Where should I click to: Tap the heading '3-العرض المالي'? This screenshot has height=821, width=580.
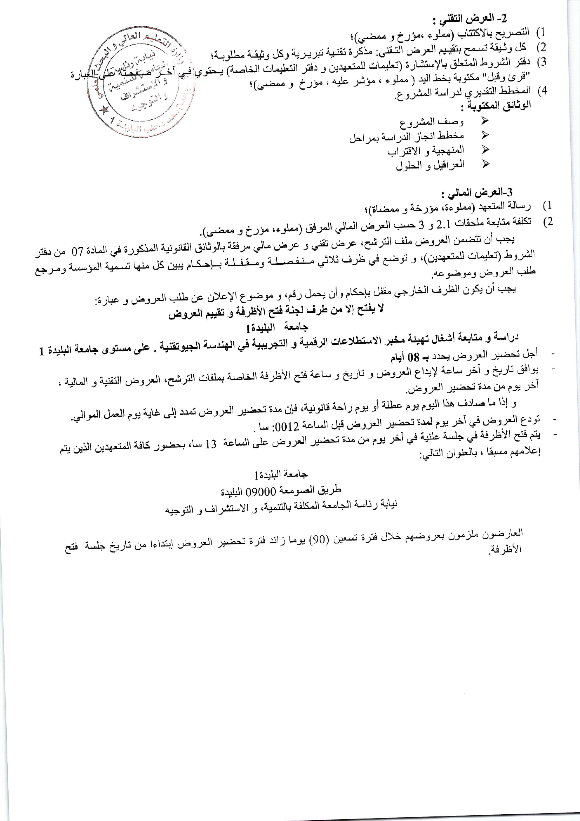click(x=477, y=193)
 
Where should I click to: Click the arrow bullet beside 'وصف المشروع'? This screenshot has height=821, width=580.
click(x=485, y=121)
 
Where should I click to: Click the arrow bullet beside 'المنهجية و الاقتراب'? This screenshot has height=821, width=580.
click(x=485, y=150)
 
